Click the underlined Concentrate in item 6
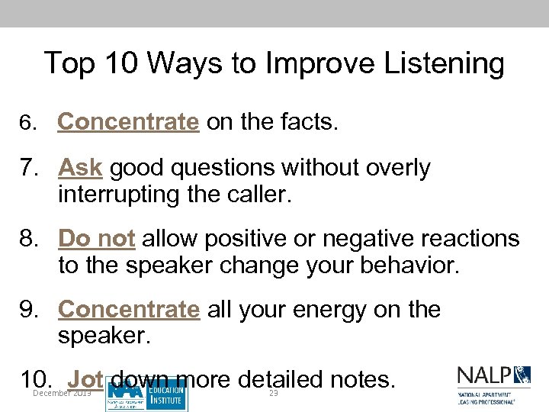pyautogui.click(x=128, y=122)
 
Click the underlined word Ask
pyautogui.click(x=80, y=168)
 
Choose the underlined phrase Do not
pyautogui.click(x=97, y=239)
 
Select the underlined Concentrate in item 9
pyautogui.click(x=128, y=310)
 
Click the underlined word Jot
pyautogui.click(x=85, y=379)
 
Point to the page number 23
pyautogui.click(x=274, y=393)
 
